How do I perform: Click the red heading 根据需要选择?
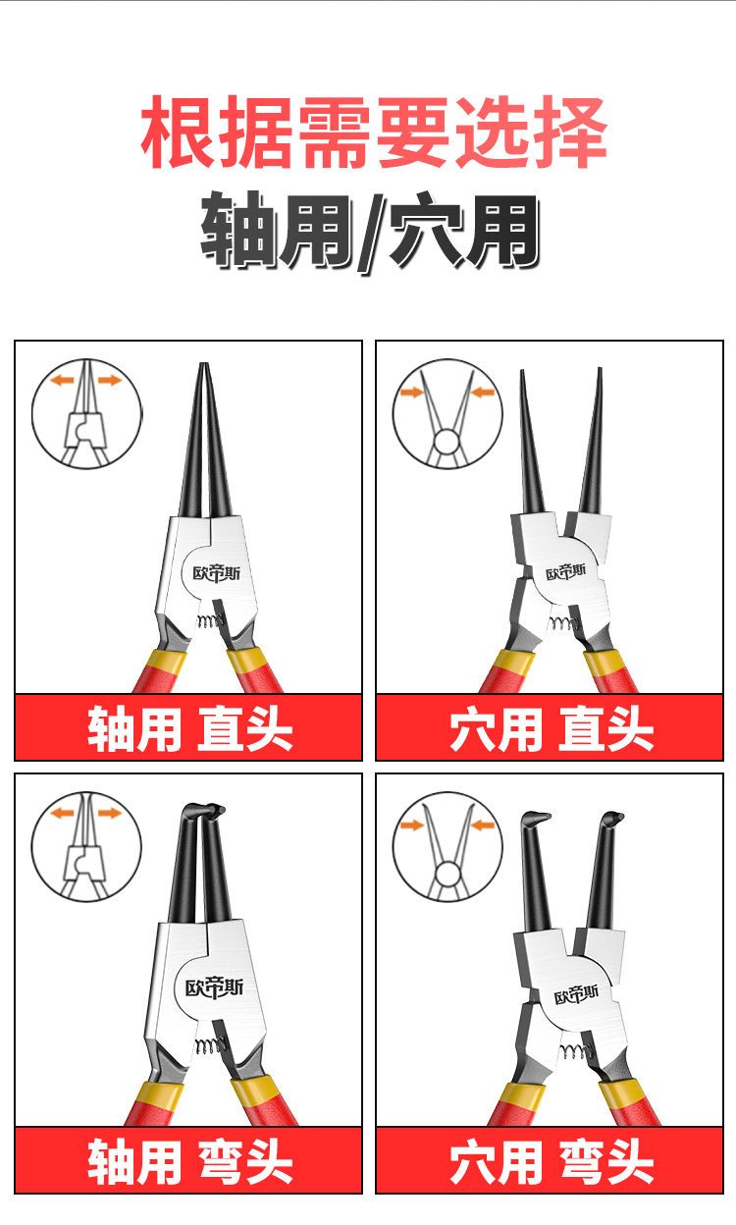(x=374, y=132)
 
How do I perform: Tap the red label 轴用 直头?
(x=189, y=728)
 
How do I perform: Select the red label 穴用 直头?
(x=552, y=728)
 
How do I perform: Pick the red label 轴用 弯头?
(x=189, y=1161)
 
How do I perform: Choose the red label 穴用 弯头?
(x=552, y=1161)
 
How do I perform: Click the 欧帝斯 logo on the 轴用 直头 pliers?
(x=217, y=573)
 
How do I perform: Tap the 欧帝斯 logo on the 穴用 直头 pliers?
(x=566, y=572)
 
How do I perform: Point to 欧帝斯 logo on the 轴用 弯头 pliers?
(x=214, y=987)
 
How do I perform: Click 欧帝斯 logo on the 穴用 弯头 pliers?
(x=576, y=994)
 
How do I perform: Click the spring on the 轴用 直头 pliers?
(x=210, y=620)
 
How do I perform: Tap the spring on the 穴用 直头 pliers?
(x=563, y=623)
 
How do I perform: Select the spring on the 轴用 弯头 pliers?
(x=209, y=1045)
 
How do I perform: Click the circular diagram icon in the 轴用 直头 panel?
(x=86, y=413)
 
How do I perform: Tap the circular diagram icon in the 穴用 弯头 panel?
(x=447, y=846)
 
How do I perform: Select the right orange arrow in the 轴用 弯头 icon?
(x=110, y=813)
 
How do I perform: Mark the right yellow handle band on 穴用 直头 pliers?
(x=601, y=663)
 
